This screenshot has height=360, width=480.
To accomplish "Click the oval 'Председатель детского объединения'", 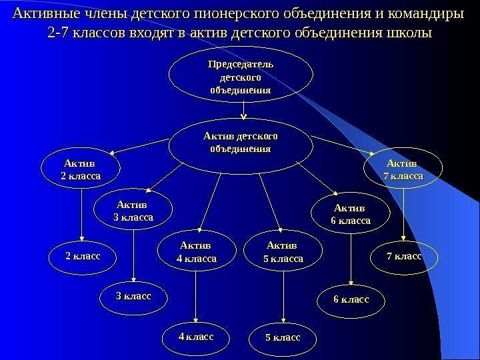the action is [241, 77].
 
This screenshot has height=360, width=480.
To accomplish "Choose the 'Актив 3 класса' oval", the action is [135, 211].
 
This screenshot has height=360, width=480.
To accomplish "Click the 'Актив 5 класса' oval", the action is [284, 252].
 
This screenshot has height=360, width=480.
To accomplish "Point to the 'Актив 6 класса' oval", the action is [351, 213].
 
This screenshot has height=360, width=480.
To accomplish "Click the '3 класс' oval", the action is [134, 294].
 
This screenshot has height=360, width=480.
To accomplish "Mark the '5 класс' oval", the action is [283, 338].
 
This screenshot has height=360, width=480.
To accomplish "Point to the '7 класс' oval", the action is [404, 255].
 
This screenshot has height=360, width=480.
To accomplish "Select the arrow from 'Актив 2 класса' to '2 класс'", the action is [82, 214].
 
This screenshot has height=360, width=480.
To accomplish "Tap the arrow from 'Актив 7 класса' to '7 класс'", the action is [403, 214].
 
